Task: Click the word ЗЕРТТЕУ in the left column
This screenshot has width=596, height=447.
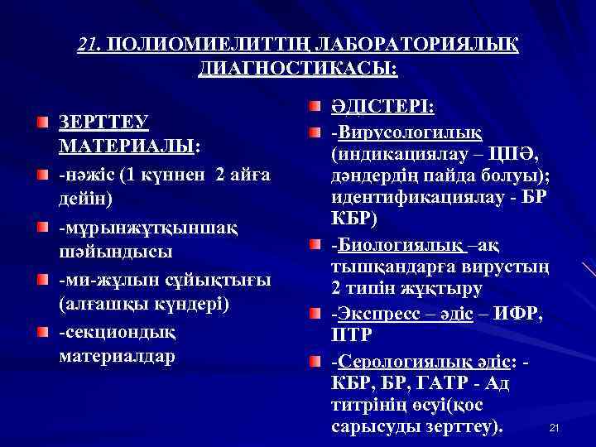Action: pyautogui.click(x=103, y=122)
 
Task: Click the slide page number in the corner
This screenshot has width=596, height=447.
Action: pyautogui.click(x=555, y=427)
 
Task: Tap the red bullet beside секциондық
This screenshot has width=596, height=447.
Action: pyautogui.click(x=42, y=332)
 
